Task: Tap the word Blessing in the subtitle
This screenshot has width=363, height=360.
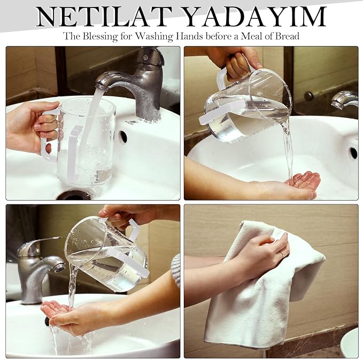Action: click(101, 36)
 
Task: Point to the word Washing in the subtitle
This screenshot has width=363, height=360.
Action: click(154, 36)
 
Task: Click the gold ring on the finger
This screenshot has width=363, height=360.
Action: click(282, 254)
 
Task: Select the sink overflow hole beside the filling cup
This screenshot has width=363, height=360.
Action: click(123, 137)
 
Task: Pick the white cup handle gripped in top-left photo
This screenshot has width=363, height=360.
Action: click(50, 135)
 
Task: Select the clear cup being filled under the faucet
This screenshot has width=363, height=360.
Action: click(86, 141)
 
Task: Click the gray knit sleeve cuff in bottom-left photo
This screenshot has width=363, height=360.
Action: click(176, 270)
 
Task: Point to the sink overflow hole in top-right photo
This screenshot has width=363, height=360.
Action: click(353, 153)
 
